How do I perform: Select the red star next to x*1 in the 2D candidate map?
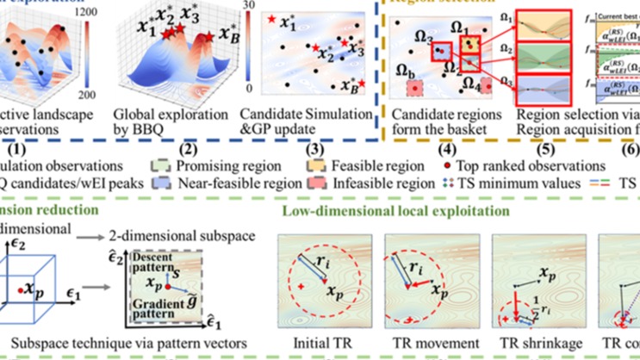(x=272, y=19)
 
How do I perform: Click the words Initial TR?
(x=315, y=344)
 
